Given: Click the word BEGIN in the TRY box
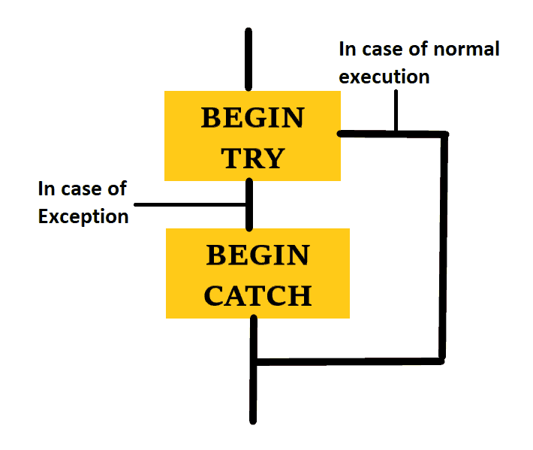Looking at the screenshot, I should (x=253, y=118).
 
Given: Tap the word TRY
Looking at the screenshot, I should (x=253, y=159).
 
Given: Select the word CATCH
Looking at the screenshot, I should (x=257, y=295).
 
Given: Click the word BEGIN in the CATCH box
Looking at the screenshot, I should (x=257, y=255).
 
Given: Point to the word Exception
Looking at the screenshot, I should (x=83, y=217).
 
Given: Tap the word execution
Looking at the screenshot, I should (x=384, y=77).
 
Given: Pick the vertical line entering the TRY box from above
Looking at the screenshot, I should (x=249, y=60).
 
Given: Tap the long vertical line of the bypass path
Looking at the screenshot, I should (x=444, y=248).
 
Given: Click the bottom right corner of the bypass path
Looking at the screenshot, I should (x=444, y=361).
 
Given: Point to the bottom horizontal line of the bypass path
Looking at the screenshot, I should (x=349, y=361).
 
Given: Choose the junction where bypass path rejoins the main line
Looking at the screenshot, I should (x=254, y=362).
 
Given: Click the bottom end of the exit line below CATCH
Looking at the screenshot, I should (x=254, y=418).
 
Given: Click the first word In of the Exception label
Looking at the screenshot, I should (x=47, y=188).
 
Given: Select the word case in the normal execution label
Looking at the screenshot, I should (x=387, y=50).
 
